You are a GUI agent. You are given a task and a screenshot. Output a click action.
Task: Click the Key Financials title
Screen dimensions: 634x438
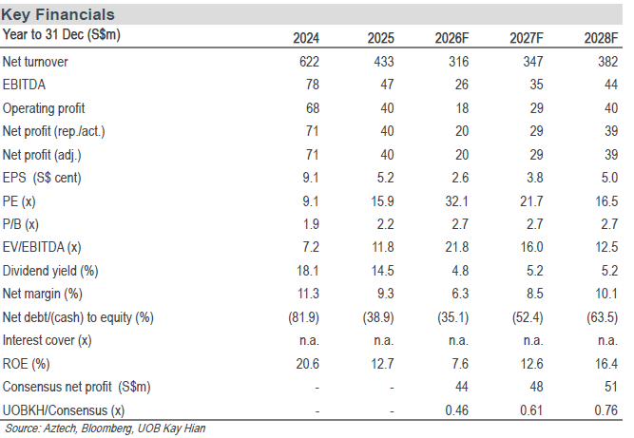(58, 14)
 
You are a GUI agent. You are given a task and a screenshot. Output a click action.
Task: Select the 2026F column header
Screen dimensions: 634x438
(451, 38)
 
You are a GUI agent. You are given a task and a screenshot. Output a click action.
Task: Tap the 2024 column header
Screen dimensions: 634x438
(306, 38)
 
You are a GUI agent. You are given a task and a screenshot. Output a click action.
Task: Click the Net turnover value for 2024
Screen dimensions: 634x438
(309, 62)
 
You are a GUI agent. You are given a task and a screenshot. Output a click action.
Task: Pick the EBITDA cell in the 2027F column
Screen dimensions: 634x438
(536, 85)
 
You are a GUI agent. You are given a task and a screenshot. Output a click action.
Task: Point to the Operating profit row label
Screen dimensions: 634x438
(44, 108)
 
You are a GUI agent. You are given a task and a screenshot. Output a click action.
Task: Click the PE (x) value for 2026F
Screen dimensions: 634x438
(457, 200)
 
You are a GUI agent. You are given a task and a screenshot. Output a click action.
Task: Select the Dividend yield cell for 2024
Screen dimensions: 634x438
(308, 271)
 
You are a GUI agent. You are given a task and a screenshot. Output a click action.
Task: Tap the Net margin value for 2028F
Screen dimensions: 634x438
(606, 294)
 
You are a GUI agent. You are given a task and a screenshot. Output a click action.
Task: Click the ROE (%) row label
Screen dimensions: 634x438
(27, 364)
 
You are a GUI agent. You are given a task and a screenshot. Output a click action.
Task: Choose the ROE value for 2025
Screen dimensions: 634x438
(382, 364)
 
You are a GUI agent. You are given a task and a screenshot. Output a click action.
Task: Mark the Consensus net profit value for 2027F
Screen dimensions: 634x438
(536, 387)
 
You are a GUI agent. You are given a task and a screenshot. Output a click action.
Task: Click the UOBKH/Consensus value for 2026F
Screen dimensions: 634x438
(457, 410)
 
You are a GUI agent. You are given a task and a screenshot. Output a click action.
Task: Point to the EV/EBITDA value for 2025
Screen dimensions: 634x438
(383, 247)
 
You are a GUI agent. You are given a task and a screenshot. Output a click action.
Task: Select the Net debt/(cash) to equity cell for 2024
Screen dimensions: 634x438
(303, 317)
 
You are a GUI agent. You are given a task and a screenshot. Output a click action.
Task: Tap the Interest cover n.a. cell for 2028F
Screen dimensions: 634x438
(607, 341)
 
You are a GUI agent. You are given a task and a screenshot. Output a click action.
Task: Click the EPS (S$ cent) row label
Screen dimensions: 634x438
(42, 178)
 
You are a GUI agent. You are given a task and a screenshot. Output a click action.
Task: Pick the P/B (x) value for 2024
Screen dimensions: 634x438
(311, 224)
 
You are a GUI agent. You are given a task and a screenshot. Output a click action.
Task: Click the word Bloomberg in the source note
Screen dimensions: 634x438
(106, 428)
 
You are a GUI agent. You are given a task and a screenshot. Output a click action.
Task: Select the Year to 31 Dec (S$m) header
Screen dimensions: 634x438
(62, 35)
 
